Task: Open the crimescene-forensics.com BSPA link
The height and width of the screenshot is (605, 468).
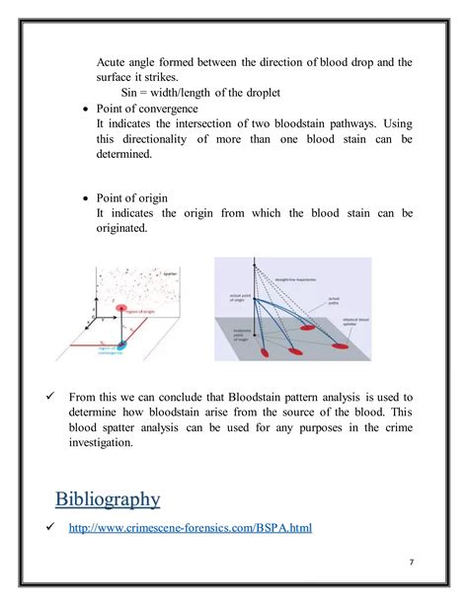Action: (x=190, y=528)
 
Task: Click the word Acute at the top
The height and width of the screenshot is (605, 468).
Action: (x=115, y=62)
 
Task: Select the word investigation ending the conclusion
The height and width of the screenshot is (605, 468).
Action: (x=110, y=443)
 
